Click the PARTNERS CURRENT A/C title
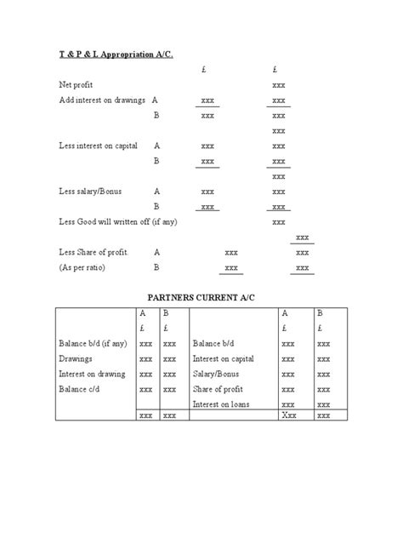(200, 298)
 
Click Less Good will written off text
(120, 221)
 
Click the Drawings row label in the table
(75, 358)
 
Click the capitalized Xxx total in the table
(288, 416)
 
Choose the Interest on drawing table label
(92, 374)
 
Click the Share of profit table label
(219, 389)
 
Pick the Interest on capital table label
(224, 358)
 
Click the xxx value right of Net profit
(278, 85)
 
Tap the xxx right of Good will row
(278, 221)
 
